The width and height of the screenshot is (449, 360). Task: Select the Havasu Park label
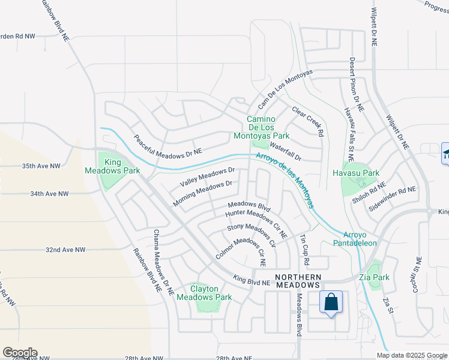(x=356, y=173)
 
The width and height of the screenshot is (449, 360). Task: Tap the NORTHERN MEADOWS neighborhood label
(x=298, y=281)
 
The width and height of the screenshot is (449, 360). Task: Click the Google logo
(x=20, y=352)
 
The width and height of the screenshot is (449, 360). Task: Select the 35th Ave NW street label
(x=41, y=166)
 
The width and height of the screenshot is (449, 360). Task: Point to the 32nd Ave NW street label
(x=65, y=249)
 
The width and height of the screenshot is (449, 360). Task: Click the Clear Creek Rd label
(x=307, y=121)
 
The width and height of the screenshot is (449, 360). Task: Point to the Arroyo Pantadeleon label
(x=360, y=238)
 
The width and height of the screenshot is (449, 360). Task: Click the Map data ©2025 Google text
(x=411, y=355)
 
